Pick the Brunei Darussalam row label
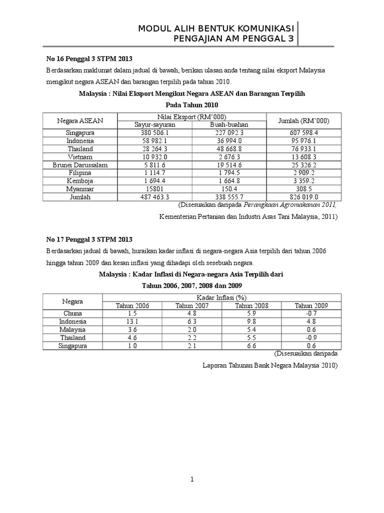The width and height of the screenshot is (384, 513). coord(79,165)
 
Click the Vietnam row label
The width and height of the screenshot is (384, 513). coord(79,157)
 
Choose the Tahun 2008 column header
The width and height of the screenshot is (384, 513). coord(251,306)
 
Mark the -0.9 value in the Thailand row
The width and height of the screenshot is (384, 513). coord(311,338)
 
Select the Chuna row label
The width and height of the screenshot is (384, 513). coord(72,314)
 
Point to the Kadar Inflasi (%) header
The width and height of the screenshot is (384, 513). coord(222,298)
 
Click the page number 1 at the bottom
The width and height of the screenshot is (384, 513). coord(192,480)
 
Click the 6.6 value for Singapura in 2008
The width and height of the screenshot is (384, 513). coord(251,346)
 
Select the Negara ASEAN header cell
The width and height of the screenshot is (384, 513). coord(79,121)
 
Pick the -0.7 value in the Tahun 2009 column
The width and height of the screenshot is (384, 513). coord(311,314)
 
